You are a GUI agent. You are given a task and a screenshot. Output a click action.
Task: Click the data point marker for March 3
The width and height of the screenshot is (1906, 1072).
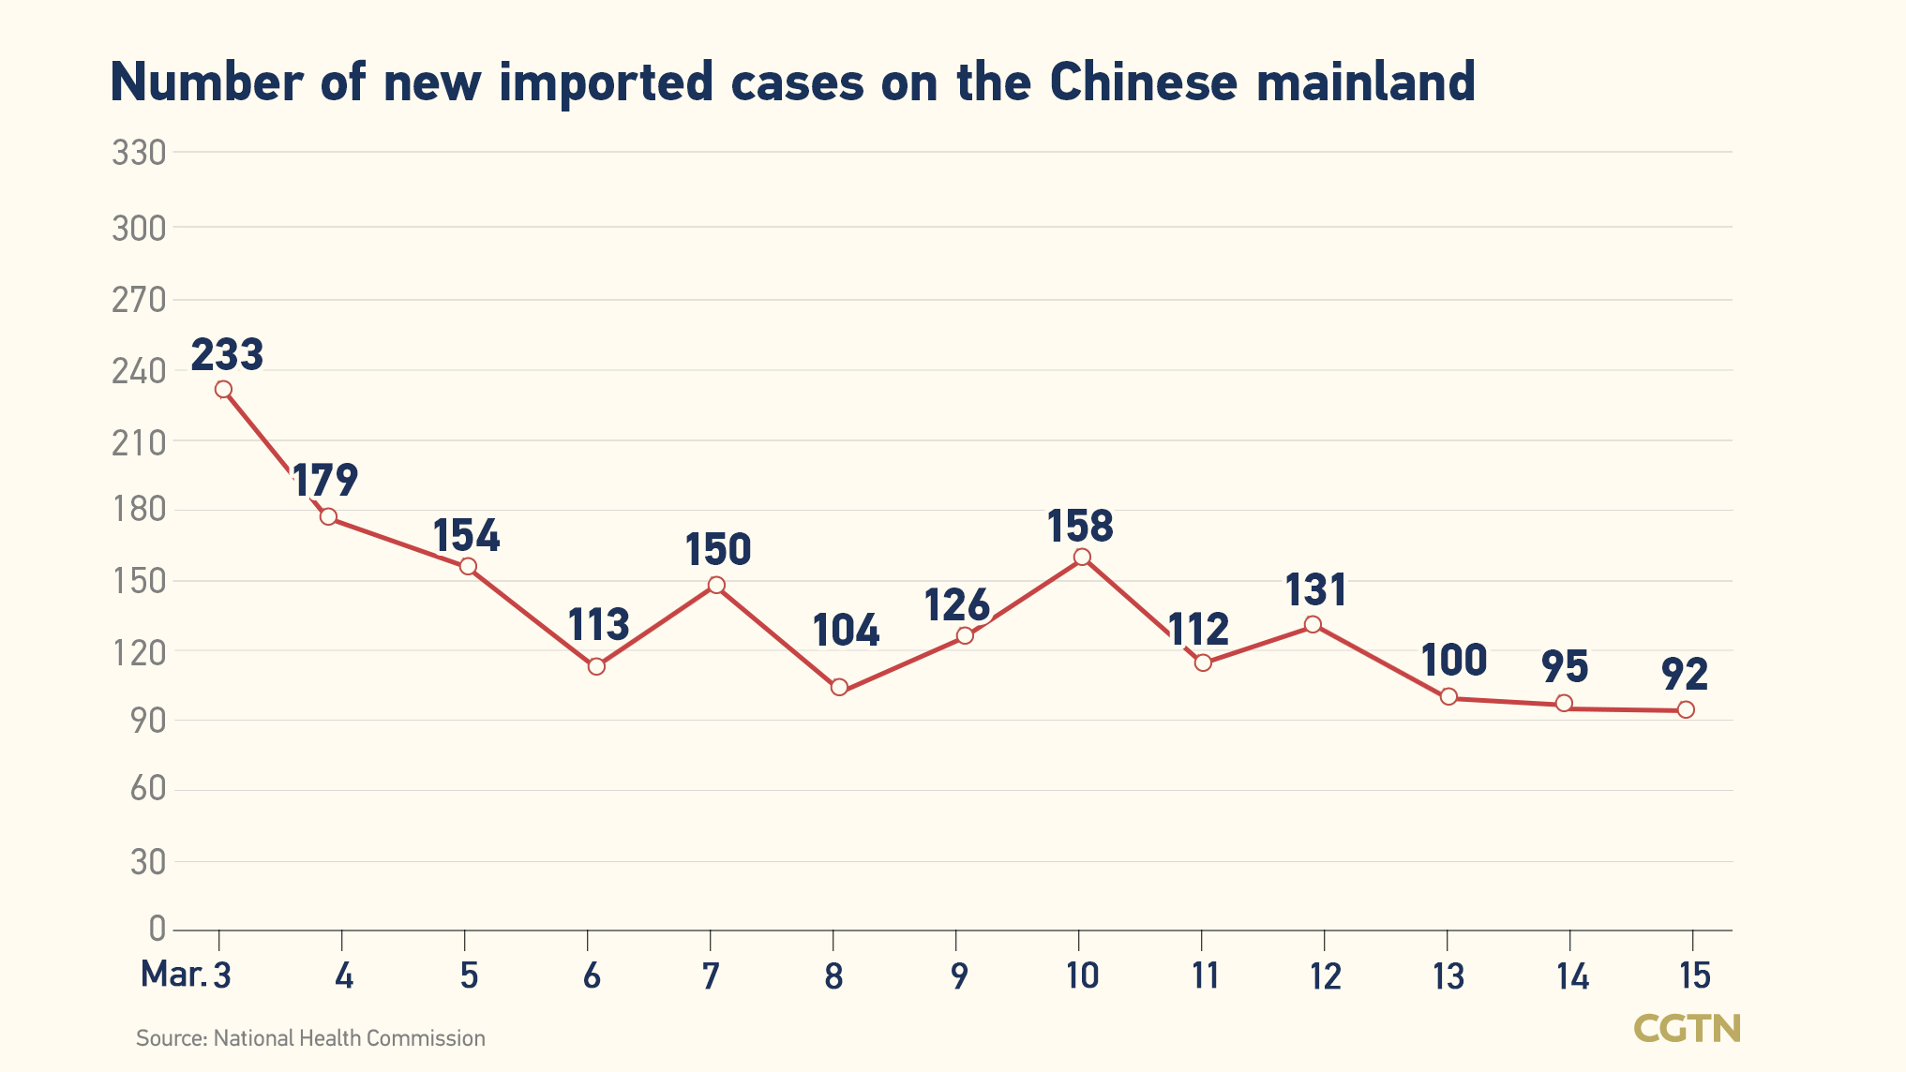(223, 389)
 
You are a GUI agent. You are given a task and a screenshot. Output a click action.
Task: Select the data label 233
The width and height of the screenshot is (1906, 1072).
(227, 355)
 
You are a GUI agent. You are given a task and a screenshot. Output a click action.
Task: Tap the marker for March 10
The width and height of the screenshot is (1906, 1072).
(1082, 557)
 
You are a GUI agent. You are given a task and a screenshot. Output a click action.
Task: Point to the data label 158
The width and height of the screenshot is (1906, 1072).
(1080, 526)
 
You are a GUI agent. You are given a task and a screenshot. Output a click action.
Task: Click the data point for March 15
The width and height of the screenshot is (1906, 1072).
(1686, 709)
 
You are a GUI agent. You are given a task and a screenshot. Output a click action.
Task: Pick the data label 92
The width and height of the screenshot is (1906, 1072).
(1685, 674)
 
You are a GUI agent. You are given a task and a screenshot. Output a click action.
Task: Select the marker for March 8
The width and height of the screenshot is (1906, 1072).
(839, 687)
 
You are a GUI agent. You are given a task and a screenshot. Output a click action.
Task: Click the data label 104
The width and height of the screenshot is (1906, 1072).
(846, 631)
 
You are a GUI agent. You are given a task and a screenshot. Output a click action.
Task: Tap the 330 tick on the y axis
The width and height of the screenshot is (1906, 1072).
(139, 153)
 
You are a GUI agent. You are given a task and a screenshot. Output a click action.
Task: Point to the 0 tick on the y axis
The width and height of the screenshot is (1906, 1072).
(157, 929)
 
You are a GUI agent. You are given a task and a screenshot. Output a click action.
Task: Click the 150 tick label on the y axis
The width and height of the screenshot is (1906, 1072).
(139, 581)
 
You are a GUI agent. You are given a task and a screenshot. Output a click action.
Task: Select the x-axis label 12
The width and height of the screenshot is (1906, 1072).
(1326, 976)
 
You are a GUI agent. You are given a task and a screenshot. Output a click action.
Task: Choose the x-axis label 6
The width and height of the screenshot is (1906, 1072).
(592, 976)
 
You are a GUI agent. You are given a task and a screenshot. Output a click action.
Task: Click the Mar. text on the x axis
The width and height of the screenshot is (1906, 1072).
(173, 975)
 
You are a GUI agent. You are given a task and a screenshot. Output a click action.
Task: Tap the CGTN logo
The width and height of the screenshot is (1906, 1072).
(1687, 1028)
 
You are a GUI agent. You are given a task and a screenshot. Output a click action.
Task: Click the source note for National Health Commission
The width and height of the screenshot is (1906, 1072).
(310, 1038)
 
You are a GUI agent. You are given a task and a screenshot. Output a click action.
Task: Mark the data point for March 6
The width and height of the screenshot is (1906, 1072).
(596, 666)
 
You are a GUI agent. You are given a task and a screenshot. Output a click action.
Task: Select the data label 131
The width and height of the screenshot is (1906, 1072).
(1315, 590)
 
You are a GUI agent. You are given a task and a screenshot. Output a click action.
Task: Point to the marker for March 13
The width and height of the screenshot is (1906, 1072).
(1448, 696)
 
